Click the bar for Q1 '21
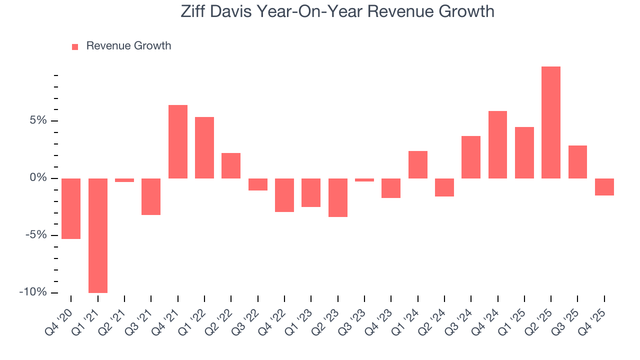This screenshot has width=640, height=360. click(98, 235)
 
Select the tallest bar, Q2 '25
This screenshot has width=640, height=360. click(551, 122)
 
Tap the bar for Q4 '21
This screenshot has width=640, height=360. click(178, 141)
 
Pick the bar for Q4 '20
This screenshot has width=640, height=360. click(71, 208)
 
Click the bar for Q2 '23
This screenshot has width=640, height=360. click(338, 197)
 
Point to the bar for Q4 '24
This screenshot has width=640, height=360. click(497, 144)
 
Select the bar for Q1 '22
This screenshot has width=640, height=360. click(204, 147)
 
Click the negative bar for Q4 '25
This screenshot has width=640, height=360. click(604, 187)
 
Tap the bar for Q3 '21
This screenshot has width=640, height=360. click(151, 196)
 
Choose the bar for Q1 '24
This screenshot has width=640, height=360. click(418, 164)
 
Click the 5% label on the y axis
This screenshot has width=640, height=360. click(37, 120)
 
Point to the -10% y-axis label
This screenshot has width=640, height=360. click(33, 292)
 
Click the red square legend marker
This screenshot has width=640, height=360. click(75, 46)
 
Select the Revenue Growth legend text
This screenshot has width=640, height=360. click(128, 46)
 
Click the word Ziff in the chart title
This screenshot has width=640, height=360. click(196, 11)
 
